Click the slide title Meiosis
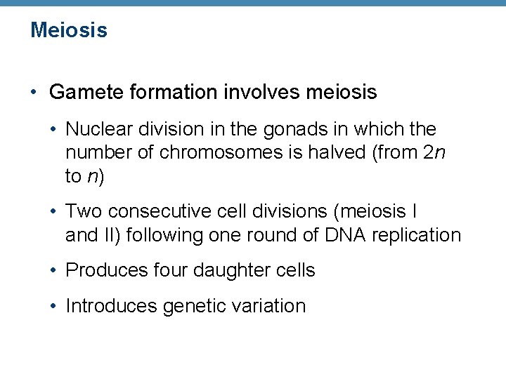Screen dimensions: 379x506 tap(69, 30)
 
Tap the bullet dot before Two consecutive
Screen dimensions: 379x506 tap(54, 211)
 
